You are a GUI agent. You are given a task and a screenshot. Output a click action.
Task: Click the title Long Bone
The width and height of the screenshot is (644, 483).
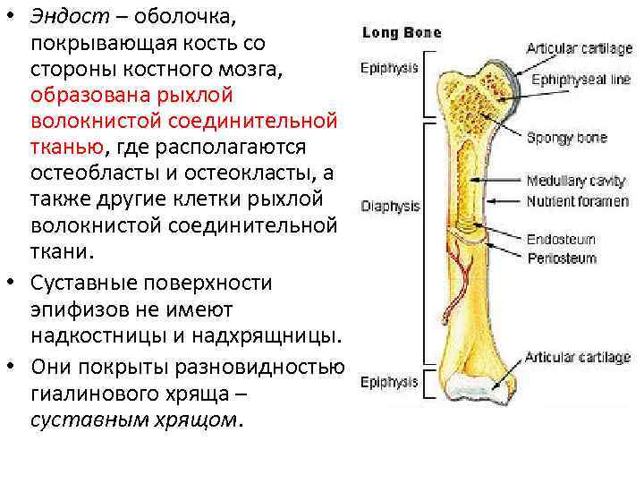401,33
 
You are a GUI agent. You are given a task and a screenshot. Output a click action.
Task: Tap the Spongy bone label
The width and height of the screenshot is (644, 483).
566,138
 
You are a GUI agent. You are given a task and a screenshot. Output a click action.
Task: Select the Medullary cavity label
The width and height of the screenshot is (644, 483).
575,182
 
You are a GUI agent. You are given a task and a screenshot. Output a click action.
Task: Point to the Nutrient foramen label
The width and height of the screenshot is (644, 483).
577,201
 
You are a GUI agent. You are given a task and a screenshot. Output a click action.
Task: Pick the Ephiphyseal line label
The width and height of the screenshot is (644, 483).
581,80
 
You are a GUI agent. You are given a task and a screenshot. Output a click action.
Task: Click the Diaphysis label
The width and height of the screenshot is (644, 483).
390,206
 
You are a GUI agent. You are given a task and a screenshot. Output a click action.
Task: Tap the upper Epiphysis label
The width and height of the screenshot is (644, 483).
389,66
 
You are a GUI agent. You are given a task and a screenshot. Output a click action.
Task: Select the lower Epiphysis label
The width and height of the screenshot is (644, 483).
389,382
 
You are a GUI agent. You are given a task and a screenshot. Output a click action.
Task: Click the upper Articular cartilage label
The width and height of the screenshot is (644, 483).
579,48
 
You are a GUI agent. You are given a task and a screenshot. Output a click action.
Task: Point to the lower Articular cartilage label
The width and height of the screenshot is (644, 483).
578,358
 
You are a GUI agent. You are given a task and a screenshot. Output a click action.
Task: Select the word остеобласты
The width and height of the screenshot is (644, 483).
90,171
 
